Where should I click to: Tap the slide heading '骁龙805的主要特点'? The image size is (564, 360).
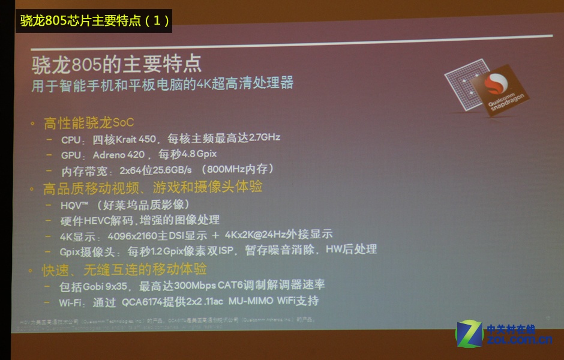click(x=116, y=62)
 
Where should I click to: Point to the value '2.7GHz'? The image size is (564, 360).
click(x=263, y=137)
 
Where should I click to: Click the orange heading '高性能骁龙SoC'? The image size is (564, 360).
click(x=88, y=123)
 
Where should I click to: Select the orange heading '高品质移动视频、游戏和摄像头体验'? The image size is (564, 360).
click(x=152, y=188)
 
